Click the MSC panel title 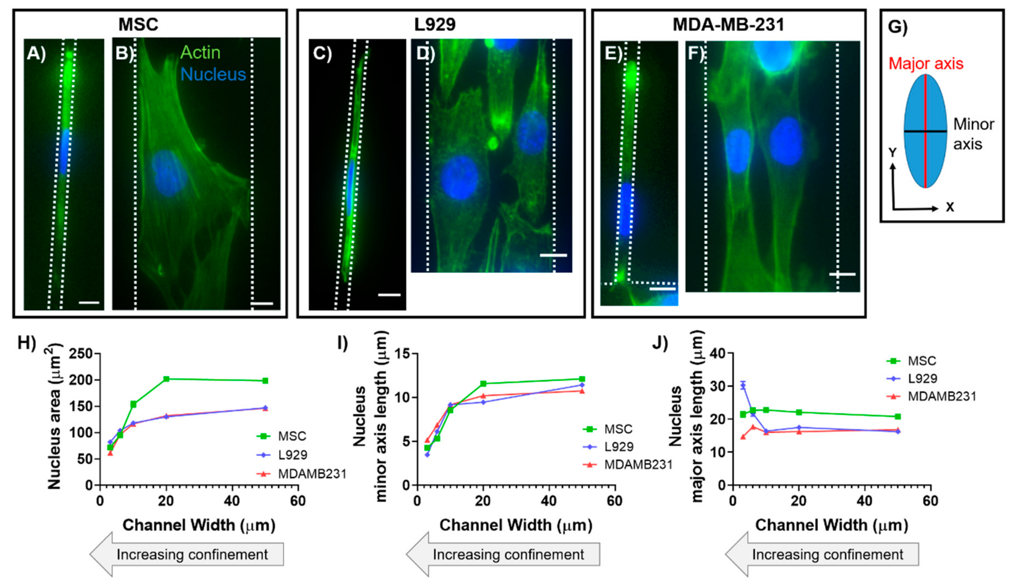pos(138,24)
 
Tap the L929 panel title pos(435,24)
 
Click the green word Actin pos(200,52)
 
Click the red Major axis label pos(926,63)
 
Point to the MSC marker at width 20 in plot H pos(166,379)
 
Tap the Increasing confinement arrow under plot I pos(503,554)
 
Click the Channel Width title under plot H pos(199,525)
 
